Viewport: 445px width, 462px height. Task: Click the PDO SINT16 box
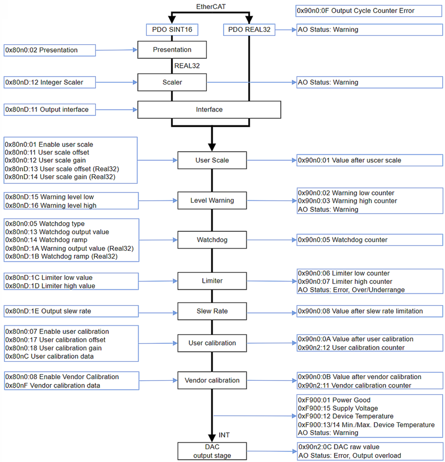tap(172, 30)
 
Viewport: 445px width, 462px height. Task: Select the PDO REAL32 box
tap(249, 30)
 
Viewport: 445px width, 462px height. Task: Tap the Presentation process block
tap(172, 50)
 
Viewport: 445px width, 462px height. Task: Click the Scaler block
tap(172, 82)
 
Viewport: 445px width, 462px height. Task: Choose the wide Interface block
tap(209, 110)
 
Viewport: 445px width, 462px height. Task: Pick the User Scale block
tap(211, 161)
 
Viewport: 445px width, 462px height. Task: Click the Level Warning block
tap(211, 200)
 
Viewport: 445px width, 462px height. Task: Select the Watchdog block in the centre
tap(211, 240)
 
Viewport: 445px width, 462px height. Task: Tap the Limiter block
tap(211, 281)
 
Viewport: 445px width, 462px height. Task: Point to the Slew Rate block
tap(211, 311)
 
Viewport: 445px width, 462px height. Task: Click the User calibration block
tap(211, 343)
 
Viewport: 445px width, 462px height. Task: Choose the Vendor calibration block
tap(211, 381)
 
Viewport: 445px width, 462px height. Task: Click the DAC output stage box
tap(211, 451)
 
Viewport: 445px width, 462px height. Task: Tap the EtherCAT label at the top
tap(211, 6)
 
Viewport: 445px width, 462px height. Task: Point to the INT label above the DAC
tap(224, 435)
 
